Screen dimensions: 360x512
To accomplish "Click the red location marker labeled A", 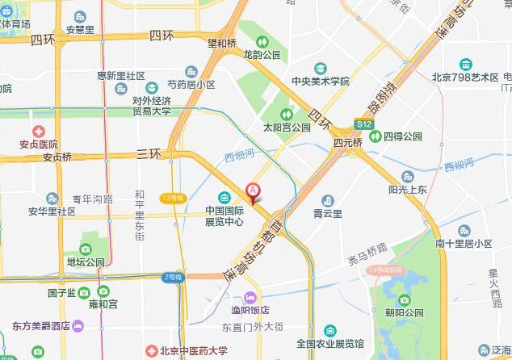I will pos(253,192).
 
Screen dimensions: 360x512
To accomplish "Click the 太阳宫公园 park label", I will pos(286,127).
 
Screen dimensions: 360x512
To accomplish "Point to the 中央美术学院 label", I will pos(321,81).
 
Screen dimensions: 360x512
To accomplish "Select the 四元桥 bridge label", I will pos(348,141).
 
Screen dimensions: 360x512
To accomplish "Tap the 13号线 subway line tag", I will pos(173,198).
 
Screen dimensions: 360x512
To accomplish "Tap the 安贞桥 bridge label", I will pos(57,157).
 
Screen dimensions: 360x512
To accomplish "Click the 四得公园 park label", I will pos(402,136).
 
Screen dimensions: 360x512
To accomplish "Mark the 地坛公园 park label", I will pos(86,262).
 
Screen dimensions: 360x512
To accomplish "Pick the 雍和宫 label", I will pos(103,303).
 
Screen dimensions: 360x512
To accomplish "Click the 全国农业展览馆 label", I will pos(329,343).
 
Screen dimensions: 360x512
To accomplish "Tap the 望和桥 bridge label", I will pos(222,43).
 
